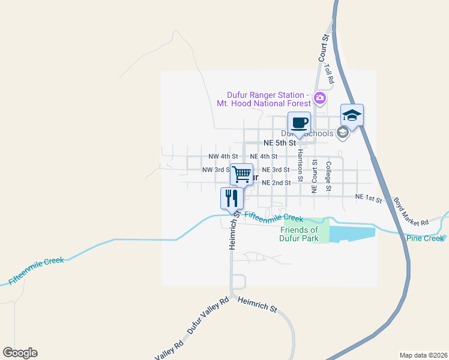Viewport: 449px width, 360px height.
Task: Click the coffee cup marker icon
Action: point(299,124)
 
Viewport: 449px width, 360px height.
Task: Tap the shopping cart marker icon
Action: point(241,175)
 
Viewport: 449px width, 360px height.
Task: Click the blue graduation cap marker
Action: point(352,115)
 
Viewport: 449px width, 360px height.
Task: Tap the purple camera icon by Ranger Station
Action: point(320,97)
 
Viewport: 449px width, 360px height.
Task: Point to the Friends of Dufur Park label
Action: point(298,234)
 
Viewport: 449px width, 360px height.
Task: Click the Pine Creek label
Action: point(425,239)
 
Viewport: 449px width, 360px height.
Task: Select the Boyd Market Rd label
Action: point(411,212)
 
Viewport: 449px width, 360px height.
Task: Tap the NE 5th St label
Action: point(280,143)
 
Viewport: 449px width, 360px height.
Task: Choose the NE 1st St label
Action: point(369,197)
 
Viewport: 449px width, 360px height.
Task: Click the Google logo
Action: point(20,353)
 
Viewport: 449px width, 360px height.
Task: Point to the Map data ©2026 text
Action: point(423,355)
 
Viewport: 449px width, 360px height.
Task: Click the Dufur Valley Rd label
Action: point(208,315)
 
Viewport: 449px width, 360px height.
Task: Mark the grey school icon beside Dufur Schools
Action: point(342,133)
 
